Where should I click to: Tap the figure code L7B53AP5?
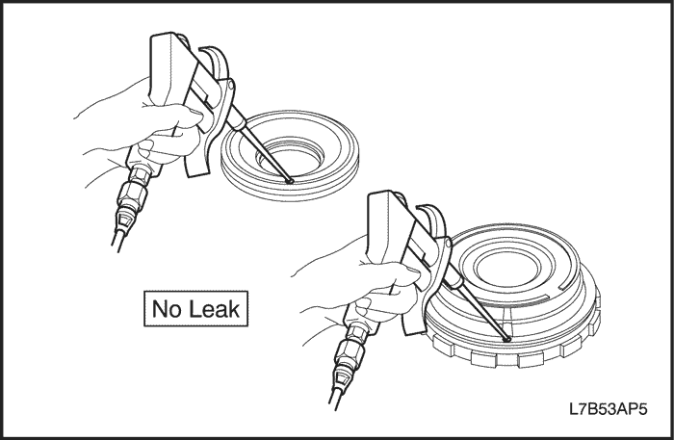point(609,409)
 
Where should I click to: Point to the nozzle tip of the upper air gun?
point(290,181)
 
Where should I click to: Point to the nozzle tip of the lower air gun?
point(506,339)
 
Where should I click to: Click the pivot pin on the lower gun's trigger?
point(449,244)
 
